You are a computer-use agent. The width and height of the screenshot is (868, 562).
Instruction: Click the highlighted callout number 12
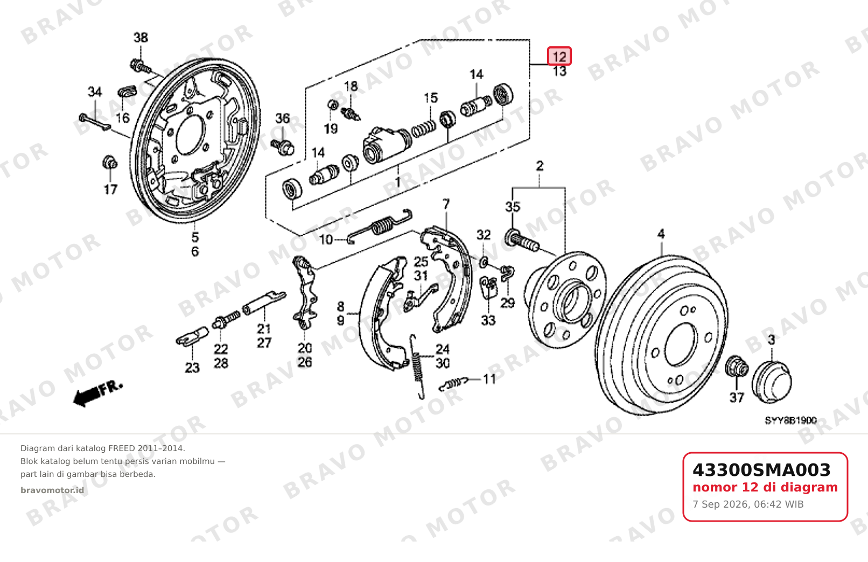pyautogui.click(x=559, y=56)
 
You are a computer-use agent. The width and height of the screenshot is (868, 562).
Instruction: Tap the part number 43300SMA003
pyautogui.click(x=761, y=470)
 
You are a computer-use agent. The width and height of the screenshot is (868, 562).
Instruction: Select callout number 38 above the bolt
pyautogui.click(x=141, y=38)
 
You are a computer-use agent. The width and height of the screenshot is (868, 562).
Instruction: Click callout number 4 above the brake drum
pyautogui.click(x=661, y=234)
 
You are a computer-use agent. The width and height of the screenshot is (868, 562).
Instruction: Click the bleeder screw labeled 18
pyautogui.click(x=351, y=114)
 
